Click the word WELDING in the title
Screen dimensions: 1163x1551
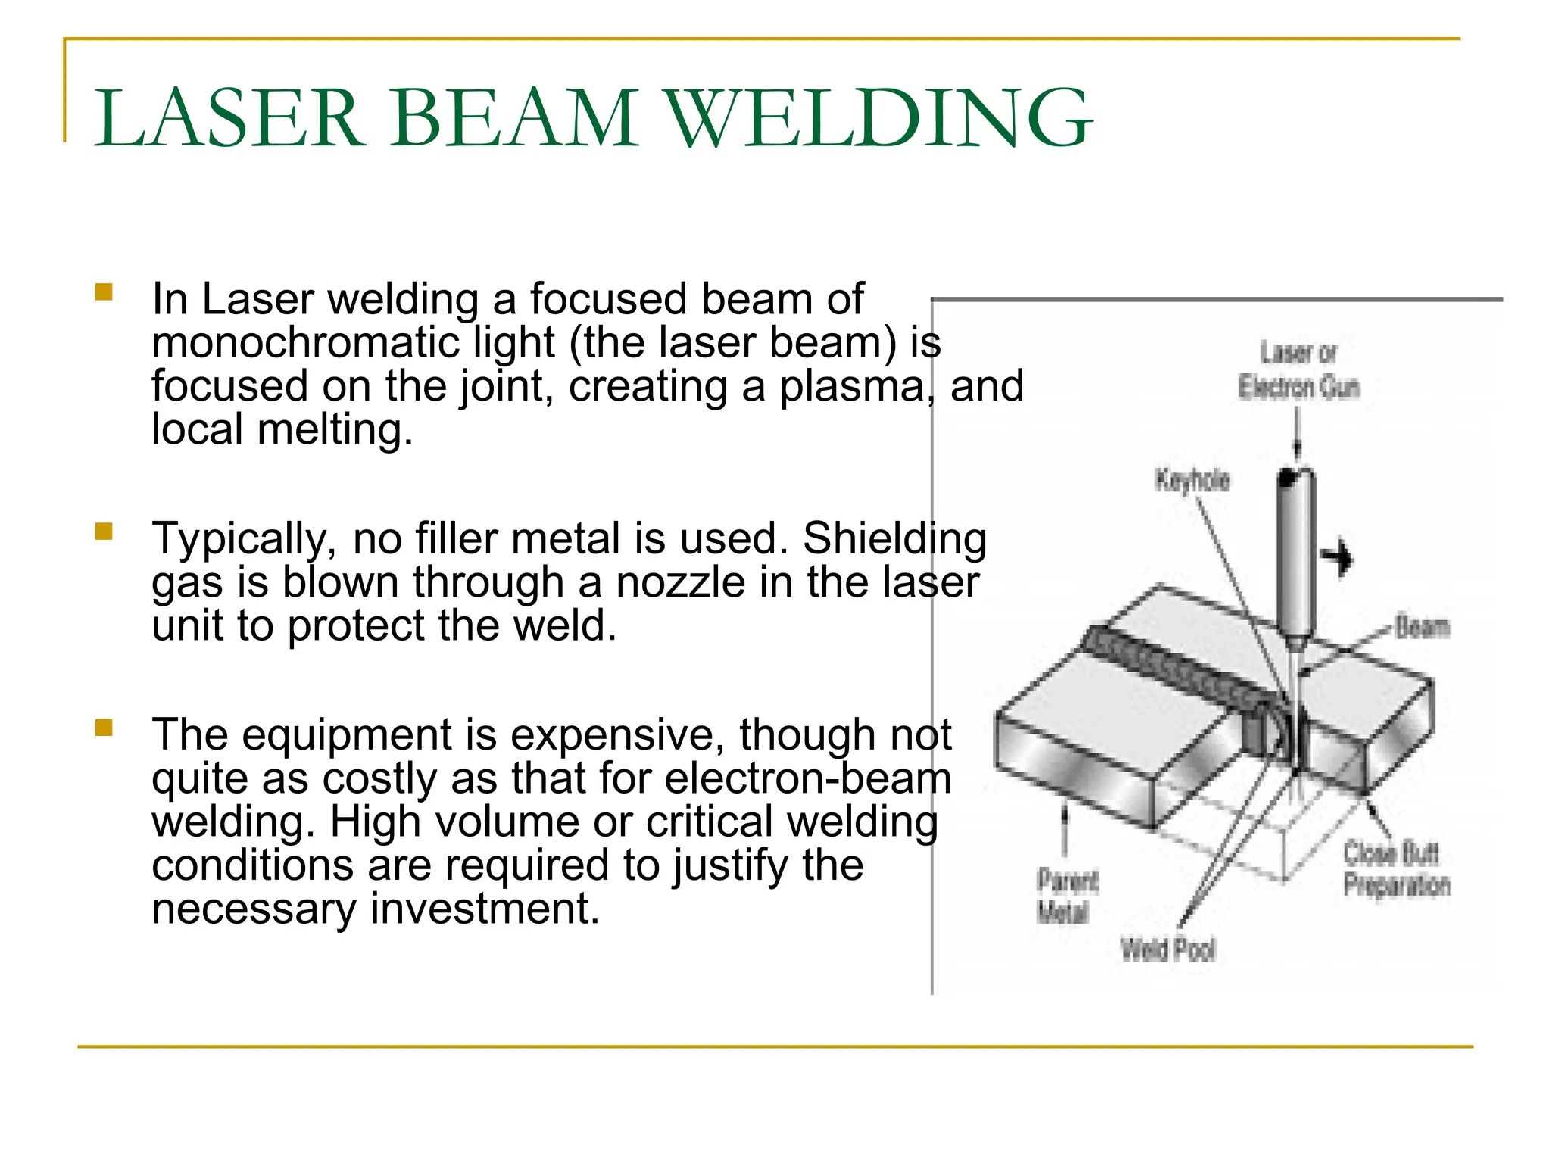(x=878, y=119)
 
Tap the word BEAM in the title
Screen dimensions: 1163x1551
(x=514, y=119)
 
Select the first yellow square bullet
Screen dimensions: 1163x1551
(x=104, y=292)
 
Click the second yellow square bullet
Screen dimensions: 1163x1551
(x=104, y=532)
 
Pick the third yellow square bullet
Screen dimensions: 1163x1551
(x=104, y=728)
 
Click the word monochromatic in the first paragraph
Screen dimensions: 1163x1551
(x=304, y=342)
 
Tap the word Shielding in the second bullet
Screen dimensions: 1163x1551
(x=894, y=539)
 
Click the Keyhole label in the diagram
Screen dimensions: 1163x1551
(x=1191, y=480)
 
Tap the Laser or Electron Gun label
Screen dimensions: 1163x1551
(x=1298, y=371)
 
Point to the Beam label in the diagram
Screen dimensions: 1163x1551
(x=1422, y=628)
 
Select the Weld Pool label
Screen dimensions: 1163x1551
(x=1168, y=949)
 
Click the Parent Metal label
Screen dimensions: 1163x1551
(x=1066, y=896)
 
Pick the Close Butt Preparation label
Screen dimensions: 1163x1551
(x=1396, y=869)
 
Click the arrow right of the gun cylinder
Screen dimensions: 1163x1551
(x=1337, y=558)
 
